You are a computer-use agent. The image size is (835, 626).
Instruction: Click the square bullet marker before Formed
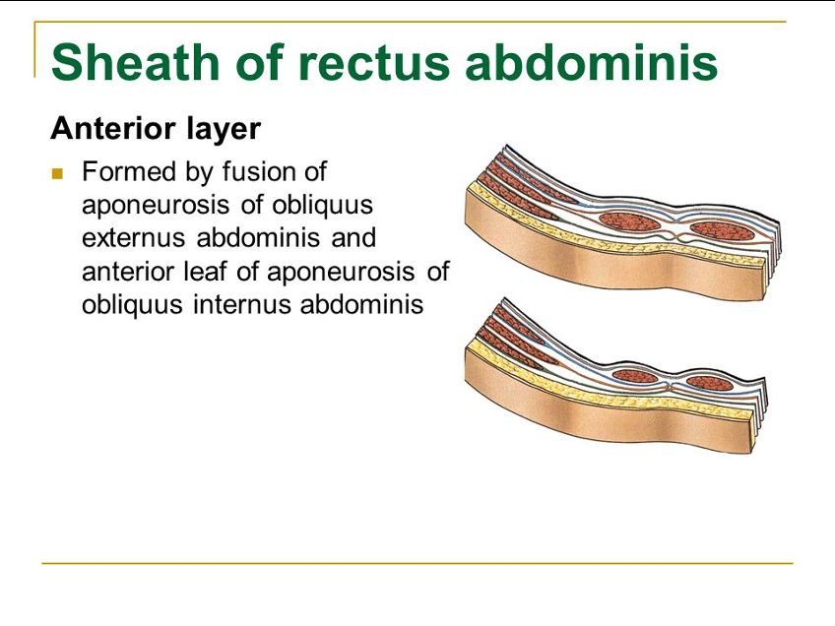point(57,174)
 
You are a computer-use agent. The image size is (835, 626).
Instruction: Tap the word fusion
point(261,172)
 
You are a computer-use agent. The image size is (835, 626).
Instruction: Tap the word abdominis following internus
point(361,304)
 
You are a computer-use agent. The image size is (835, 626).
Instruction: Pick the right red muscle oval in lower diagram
point(710,383)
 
